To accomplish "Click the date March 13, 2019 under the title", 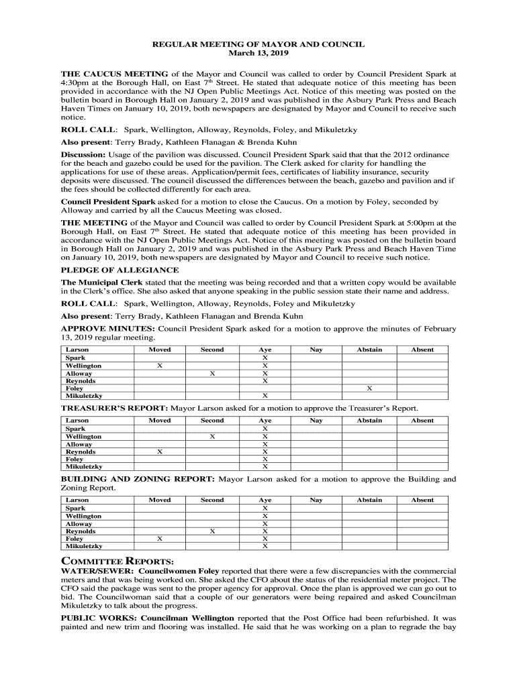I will [x=258, y=53].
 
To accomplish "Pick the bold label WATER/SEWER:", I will [x=97, y=571].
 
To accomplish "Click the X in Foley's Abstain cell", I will [x=369, y=388].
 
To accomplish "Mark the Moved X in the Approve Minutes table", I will [x=160, y=366].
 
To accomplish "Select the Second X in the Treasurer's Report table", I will [x=212, y=437].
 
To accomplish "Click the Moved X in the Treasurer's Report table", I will [x=160, y=452].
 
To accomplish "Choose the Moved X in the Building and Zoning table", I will [x=160, y=539].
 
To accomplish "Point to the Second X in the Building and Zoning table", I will [x=212, y=531].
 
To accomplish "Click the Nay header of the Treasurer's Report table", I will [x=316, y=421].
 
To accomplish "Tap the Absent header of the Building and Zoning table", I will [x=422, y=500].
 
